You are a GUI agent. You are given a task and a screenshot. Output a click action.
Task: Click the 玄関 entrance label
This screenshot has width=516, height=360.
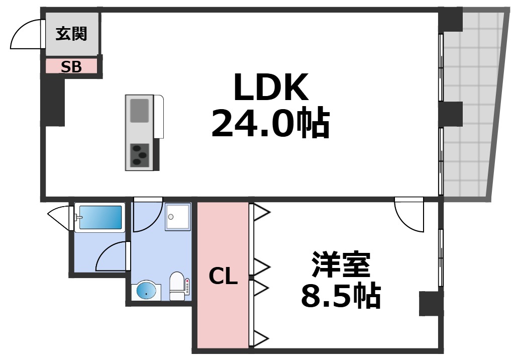(71, 34)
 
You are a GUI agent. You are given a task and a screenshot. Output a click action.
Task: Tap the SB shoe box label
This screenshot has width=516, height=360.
(71, 67)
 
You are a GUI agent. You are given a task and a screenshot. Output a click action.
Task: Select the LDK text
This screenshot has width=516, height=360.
(270, 87)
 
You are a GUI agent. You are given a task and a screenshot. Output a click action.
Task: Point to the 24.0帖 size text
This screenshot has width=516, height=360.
(270, 124)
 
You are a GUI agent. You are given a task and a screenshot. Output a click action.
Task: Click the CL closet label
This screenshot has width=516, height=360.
(223, 276)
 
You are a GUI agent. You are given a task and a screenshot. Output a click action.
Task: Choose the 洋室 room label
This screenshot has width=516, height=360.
(341, 265)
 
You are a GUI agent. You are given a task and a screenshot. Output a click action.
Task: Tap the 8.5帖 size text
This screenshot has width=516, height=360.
(340, 297)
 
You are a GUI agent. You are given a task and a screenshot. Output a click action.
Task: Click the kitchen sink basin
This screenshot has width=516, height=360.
(140, 111)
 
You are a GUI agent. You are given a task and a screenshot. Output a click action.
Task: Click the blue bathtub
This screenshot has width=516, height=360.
(99, 218)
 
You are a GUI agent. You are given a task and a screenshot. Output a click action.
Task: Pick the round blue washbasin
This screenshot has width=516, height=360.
(147, 291)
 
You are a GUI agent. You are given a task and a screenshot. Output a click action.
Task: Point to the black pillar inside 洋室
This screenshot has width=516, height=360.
(430, 304)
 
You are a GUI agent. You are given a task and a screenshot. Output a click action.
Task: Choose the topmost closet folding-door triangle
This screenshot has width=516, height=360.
(262, 212)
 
